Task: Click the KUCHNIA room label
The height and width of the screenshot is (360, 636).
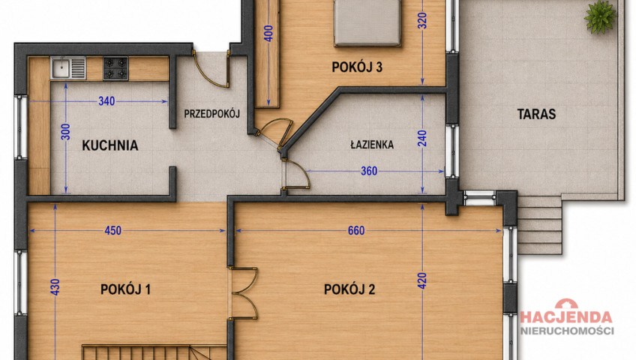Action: (110, 145)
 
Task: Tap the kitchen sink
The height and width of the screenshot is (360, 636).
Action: (68, 67)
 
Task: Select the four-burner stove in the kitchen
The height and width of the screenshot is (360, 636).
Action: (115, 68)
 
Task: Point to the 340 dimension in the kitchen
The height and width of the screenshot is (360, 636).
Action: (106, 101)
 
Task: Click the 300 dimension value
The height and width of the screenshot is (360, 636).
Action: (65, 132)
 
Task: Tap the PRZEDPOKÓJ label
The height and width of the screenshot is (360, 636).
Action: (211, 114)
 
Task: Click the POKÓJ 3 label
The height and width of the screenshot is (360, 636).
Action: (357, 67)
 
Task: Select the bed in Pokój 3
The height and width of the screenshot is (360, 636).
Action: (367, 22)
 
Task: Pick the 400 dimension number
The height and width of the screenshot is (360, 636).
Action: (268, 34)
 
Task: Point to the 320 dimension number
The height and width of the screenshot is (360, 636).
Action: (422, 21)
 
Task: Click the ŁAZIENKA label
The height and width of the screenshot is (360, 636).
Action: (372, 144)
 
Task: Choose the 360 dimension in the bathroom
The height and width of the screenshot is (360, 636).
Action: (369, 171)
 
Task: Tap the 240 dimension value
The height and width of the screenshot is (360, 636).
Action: (422, 138)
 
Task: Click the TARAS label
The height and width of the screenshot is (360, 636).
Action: (536, 114)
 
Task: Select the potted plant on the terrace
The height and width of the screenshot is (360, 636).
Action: (600, 16)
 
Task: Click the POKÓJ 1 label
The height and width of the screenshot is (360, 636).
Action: (125, 289)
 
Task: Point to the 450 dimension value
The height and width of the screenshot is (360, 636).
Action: (112, 230)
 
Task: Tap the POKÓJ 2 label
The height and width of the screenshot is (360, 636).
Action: (349, 289)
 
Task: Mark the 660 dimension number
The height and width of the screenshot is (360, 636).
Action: (356, 230)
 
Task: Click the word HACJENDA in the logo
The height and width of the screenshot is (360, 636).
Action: (566, 317)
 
